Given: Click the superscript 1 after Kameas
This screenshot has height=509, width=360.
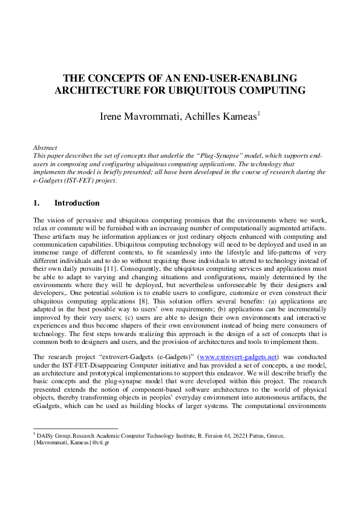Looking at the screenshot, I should pyautogui.click(x=259, y=112).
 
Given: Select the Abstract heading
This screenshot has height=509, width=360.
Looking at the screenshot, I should pyautogui.click(x=45, y=148).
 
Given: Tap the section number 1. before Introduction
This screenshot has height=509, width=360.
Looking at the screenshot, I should pyautogui.click(x=37, y=203).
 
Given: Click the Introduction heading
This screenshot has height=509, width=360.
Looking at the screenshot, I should pyautogui.click(x=77, y=203).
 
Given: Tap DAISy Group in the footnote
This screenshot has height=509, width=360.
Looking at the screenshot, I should pyautogui.click(x=54, y=435).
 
